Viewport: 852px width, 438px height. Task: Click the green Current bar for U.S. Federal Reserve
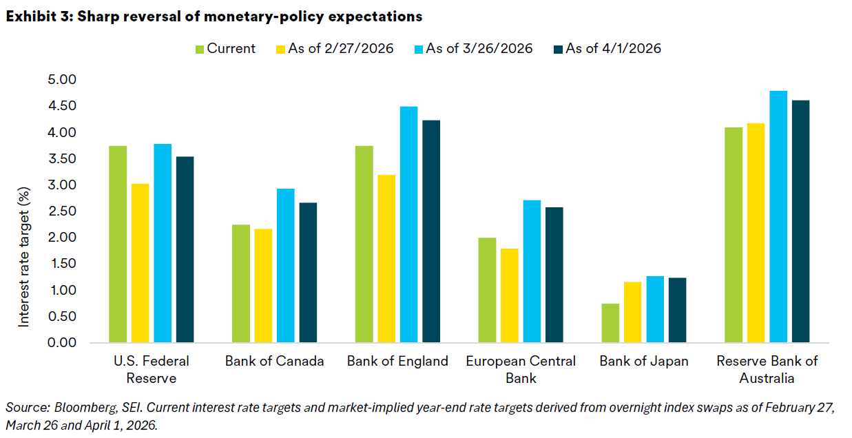[x=118, y=244]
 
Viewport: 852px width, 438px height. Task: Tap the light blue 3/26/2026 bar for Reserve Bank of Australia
[x=778, y=217]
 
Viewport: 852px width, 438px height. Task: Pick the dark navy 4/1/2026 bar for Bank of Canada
[x=309, y=273]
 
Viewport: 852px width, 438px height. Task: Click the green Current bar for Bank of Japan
[x=610, y=323]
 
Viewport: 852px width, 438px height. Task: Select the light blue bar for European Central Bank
[x=532, y=271]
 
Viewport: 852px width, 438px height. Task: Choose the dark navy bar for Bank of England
[x=432, y=231]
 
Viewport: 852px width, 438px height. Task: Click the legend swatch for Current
[x=200, y=49]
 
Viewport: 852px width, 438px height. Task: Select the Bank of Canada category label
[x=275, y=362]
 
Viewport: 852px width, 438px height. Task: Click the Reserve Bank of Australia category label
[x=767, y=370]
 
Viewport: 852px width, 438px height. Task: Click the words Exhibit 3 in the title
[x=35, y=16]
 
